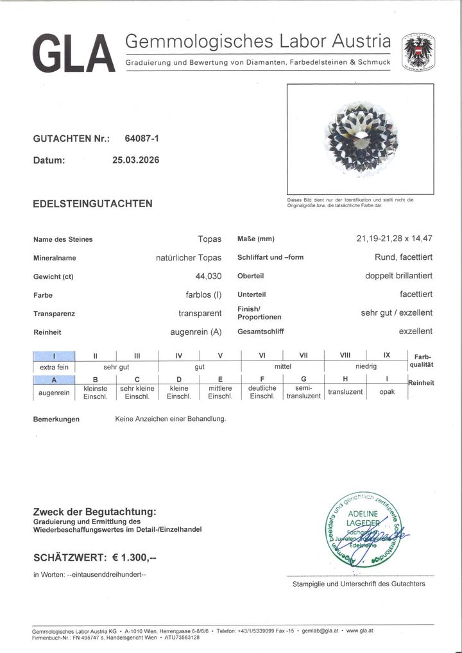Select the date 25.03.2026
[x=135, y=160]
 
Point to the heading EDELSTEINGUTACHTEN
[x=92, y=204]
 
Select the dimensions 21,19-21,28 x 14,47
[x=394, y=239]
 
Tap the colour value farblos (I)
[x=199, y=295]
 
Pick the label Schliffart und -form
[x=270, y=258]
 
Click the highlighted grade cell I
[x=54, y=355]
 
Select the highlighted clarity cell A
[x=54, y=380]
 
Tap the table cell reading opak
[x=387, y=391]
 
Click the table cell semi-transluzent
[x=304, y=392]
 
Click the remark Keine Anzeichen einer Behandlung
[x=170, y=419]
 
